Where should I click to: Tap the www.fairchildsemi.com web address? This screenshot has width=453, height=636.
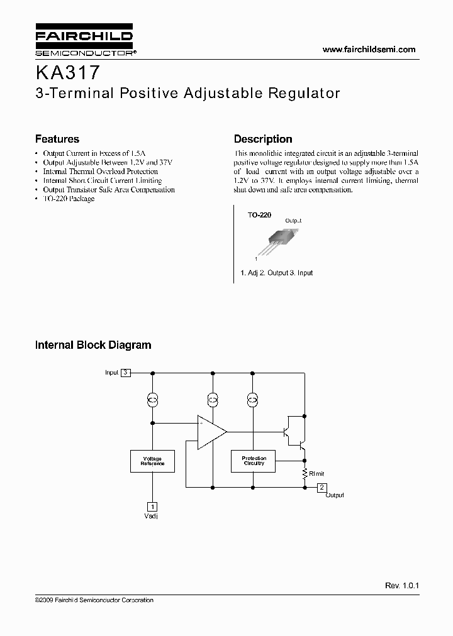[369, 49]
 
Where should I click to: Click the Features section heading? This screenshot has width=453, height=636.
[57, 139]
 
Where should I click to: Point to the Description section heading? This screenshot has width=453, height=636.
[263, 139]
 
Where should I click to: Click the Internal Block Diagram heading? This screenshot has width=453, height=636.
[93, 345]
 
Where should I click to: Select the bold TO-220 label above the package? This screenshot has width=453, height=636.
[259, 215]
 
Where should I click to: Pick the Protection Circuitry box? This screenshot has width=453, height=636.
[254, 461]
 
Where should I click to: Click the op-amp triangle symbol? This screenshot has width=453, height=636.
[211, 432]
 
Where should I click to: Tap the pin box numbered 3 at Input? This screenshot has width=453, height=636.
[126, 373]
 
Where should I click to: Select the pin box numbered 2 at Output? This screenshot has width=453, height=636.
[322, 487]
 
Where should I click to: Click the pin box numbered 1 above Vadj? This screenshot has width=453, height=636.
[152, 507]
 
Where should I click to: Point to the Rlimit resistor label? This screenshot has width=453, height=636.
[316, 473]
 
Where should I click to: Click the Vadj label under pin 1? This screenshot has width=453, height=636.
[152, 516]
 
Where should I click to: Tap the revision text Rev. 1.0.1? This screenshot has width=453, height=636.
[402, 585]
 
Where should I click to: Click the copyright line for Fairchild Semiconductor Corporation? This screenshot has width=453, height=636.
[94, 600]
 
